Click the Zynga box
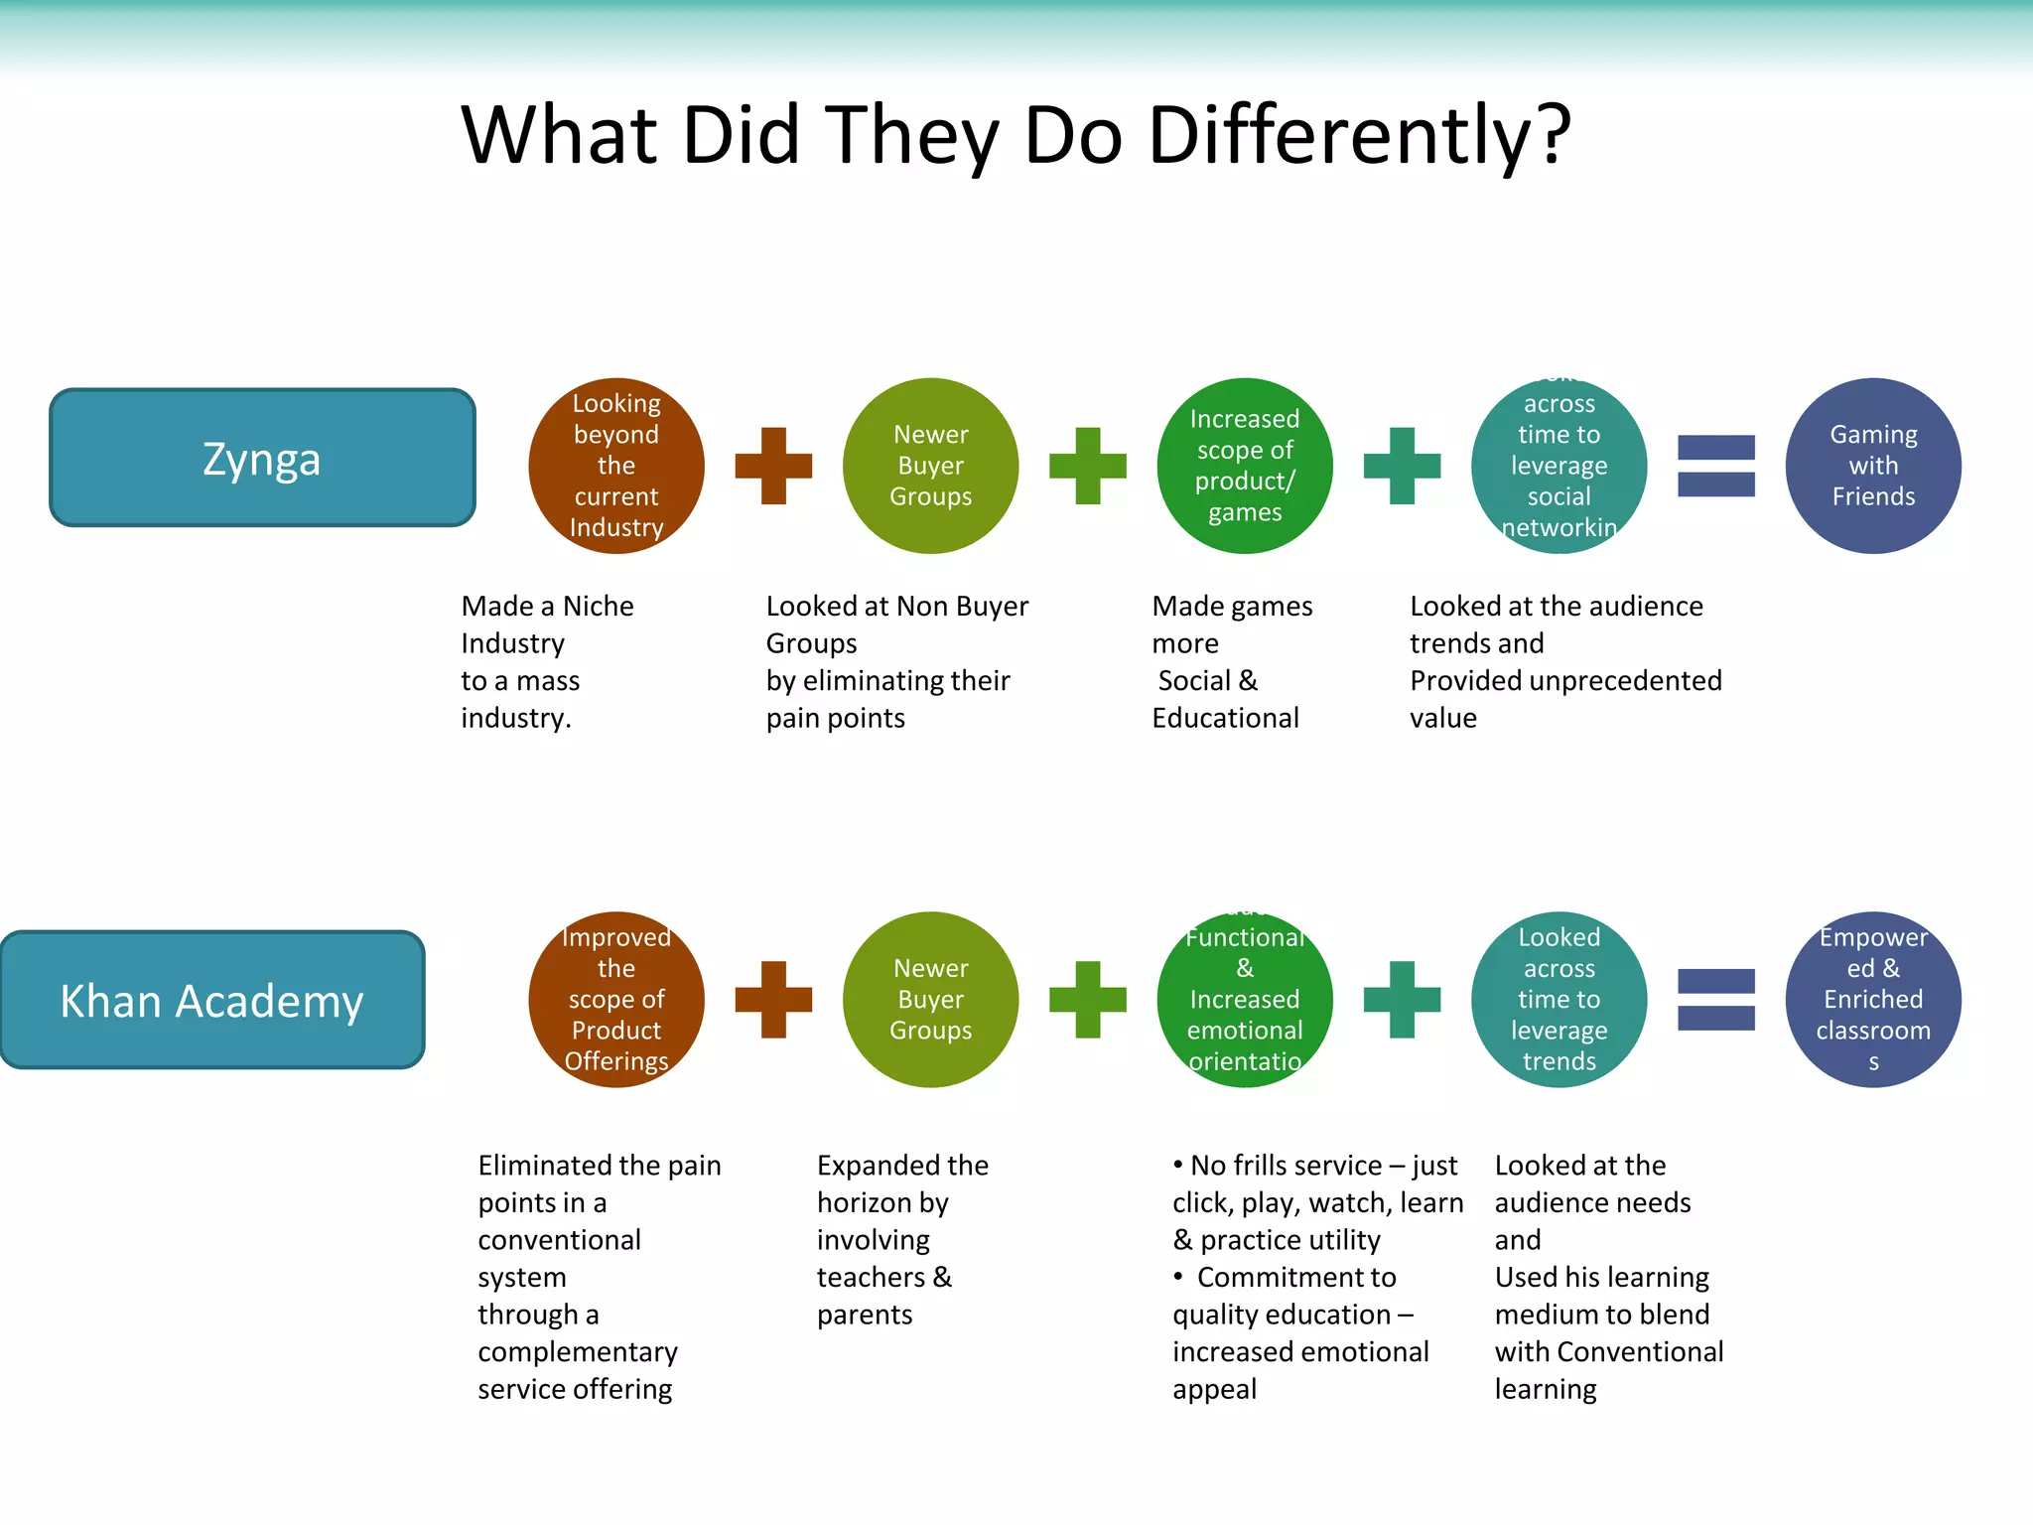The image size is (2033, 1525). [x=262, y=458]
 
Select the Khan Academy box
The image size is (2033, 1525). [x=212, y=1000]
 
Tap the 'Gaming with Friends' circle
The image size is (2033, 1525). [x=1873, y=466]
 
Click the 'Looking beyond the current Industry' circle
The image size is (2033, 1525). [x=616, y=466]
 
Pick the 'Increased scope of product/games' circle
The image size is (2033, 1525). [x=1245, y=466]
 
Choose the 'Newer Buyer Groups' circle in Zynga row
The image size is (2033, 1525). [x=930, y=466]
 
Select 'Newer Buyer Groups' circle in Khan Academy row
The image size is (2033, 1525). [x=930, y=1000]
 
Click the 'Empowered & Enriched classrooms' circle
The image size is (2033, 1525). [x=1873, y=1000]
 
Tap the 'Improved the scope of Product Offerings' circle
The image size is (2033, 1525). [x=616, y=1000]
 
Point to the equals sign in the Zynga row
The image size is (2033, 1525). [x=1716, y=466]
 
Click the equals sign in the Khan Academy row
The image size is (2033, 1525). [x=1716, y=1000]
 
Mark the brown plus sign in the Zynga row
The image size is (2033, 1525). [x=773, y=466]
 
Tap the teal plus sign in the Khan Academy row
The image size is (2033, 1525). [x=1402, y=1000]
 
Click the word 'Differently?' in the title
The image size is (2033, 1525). [x=1359, y=135]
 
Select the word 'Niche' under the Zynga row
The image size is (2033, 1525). [x=598, y=606]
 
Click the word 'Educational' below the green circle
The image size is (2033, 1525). [x=1225, y=718]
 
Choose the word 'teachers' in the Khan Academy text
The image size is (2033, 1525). [x=871, y=1277]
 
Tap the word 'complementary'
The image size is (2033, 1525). [x=578, y=1352]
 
